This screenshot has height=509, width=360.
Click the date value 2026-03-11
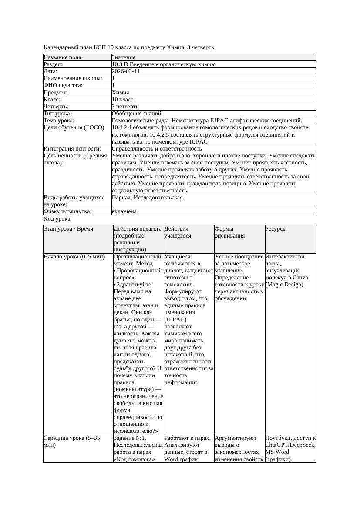(126, 71)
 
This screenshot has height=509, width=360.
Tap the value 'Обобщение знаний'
(133, 113)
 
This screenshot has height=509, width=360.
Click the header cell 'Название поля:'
(63, 57)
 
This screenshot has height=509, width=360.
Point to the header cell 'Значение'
(124, 57)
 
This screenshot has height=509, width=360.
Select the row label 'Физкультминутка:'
(67, 211)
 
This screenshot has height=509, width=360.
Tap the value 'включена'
(124, 211)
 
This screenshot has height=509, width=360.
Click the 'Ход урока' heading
(57, 219)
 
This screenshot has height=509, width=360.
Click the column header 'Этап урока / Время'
(68, 229)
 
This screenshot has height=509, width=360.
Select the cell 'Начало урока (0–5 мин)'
(74, 257)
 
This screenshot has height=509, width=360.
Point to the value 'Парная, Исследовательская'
(147, 198)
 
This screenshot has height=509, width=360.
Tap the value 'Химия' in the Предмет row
(120, 92)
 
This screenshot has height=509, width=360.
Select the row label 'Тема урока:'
(59, 120)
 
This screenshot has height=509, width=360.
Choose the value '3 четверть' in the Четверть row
(125, 106)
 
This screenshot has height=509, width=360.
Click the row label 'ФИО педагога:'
(63, 85)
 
